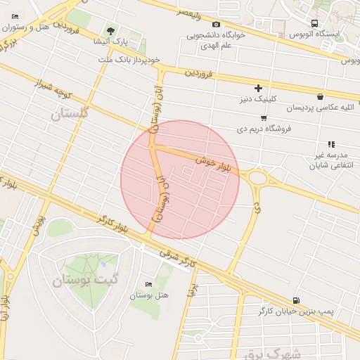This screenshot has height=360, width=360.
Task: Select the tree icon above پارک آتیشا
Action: pos(111,30)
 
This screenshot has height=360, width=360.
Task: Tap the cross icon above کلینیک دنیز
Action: pos(259,88)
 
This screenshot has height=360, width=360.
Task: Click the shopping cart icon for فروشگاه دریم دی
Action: pos(263,117)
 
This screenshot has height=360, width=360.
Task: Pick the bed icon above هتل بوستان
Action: pos(148,284)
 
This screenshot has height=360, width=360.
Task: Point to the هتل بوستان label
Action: pos(149,295)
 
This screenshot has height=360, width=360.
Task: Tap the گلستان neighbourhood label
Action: pos(71,115)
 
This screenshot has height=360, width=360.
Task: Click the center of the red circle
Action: pos(180,179)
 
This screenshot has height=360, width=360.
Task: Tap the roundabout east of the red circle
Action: pos(257,177)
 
